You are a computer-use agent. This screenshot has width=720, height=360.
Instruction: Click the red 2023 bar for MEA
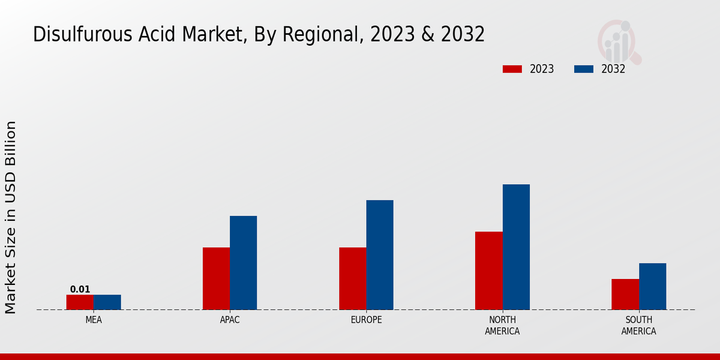[x=80, y=302]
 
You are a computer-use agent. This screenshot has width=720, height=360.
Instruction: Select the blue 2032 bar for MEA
[x=107, y=302]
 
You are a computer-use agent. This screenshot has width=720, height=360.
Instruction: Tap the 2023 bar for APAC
[x=216, y=278]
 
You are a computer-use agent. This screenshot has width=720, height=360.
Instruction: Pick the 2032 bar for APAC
[x=244, y=263]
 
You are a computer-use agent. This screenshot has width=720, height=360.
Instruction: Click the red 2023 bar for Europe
[x=353, y=278]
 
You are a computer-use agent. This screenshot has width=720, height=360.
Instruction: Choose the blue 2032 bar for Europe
[x=380, y=255]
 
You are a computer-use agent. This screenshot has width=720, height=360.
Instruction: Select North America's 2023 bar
[x=489, y=271]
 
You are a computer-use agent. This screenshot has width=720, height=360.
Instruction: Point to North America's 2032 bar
[x=516, y=247]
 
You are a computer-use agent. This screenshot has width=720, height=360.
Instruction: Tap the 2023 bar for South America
[x=625, y=295]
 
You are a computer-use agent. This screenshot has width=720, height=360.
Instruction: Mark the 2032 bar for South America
[x=653, y=286]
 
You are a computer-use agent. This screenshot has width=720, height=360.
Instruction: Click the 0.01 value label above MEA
[x=80, y=289]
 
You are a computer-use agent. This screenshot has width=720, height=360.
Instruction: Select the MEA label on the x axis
[x=94, y=320]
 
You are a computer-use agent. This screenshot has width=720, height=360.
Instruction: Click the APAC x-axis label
[x=230, y=320]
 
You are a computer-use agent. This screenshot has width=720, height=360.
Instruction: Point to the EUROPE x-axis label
[x=366, y=320]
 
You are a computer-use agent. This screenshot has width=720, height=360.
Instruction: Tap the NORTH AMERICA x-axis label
[x=503, y=325]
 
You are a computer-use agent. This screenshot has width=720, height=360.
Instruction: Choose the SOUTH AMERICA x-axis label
[x=639, y=325]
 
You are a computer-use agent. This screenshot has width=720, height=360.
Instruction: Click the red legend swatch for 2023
[x=512, y=69]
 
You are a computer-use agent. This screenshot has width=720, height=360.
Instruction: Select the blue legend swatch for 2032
[x=584, y=69]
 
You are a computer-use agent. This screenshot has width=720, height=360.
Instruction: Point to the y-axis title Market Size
[x=11, y=264]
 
